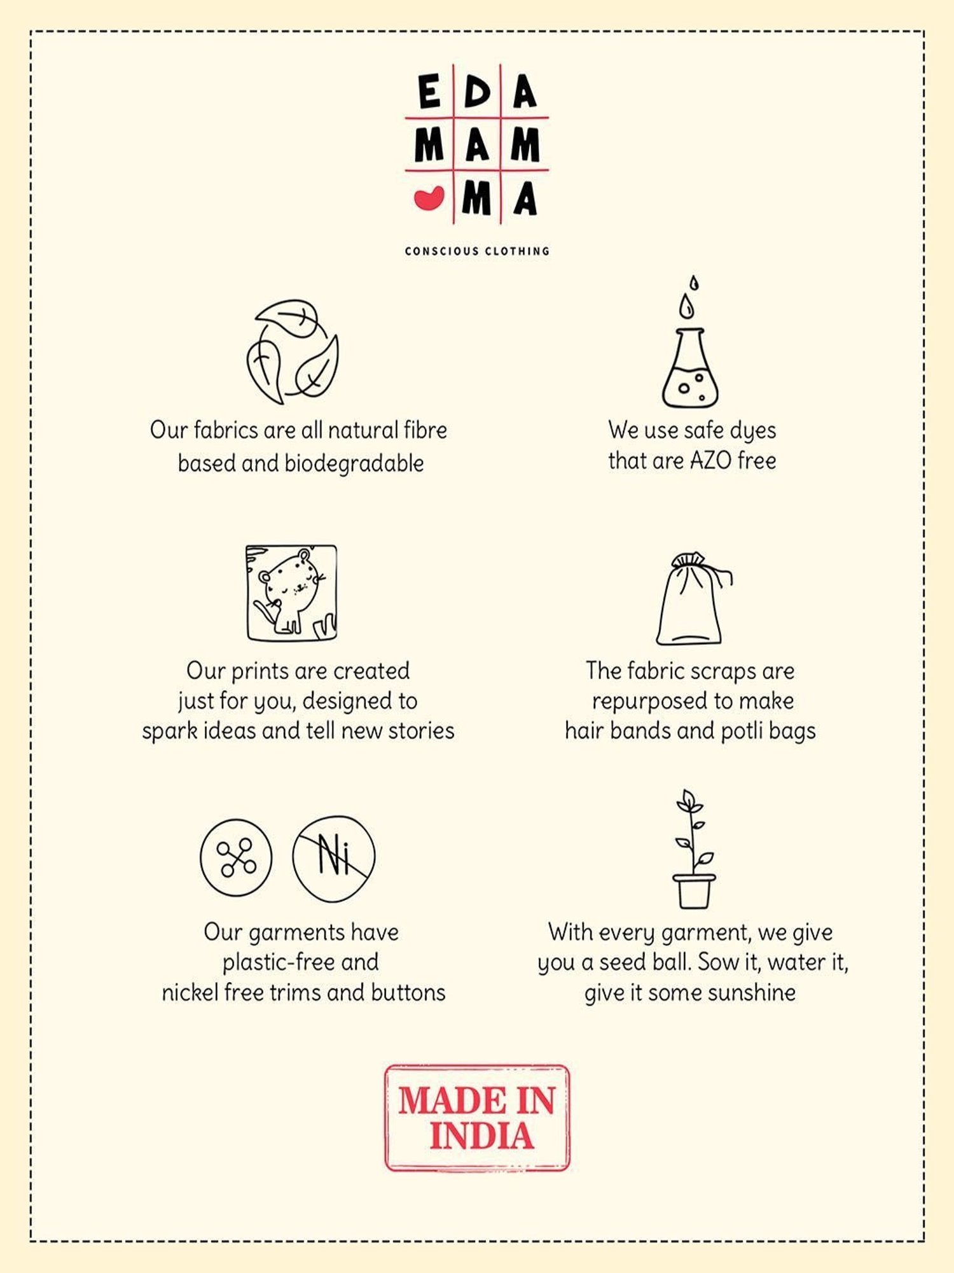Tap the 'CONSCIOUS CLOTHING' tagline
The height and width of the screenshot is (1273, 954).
coord(477,251)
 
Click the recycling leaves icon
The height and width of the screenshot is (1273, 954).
coord(293,351)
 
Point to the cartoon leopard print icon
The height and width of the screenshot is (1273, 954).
coord(292,593)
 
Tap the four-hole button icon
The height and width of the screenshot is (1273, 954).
coord(236,857)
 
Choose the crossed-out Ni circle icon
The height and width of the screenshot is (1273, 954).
coord(334,858)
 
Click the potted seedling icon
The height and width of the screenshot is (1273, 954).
coord(693,849)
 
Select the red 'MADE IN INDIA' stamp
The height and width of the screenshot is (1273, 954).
coord(477,1118)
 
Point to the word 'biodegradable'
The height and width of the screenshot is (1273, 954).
coord(354,464)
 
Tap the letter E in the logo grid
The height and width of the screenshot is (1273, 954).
coord(429,91)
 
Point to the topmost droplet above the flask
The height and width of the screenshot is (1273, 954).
coord(694,283)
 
